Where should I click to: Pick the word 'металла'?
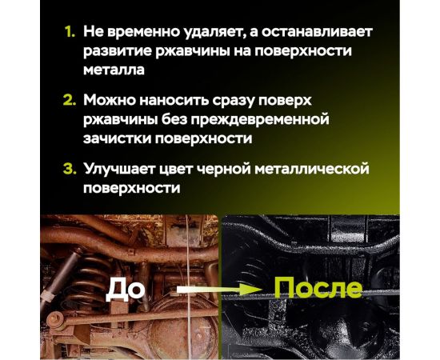(113, 70)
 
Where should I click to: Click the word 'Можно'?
(110, 102)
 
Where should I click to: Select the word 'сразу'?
(241, 102)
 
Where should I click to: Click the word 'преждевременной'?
(264, 120)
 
